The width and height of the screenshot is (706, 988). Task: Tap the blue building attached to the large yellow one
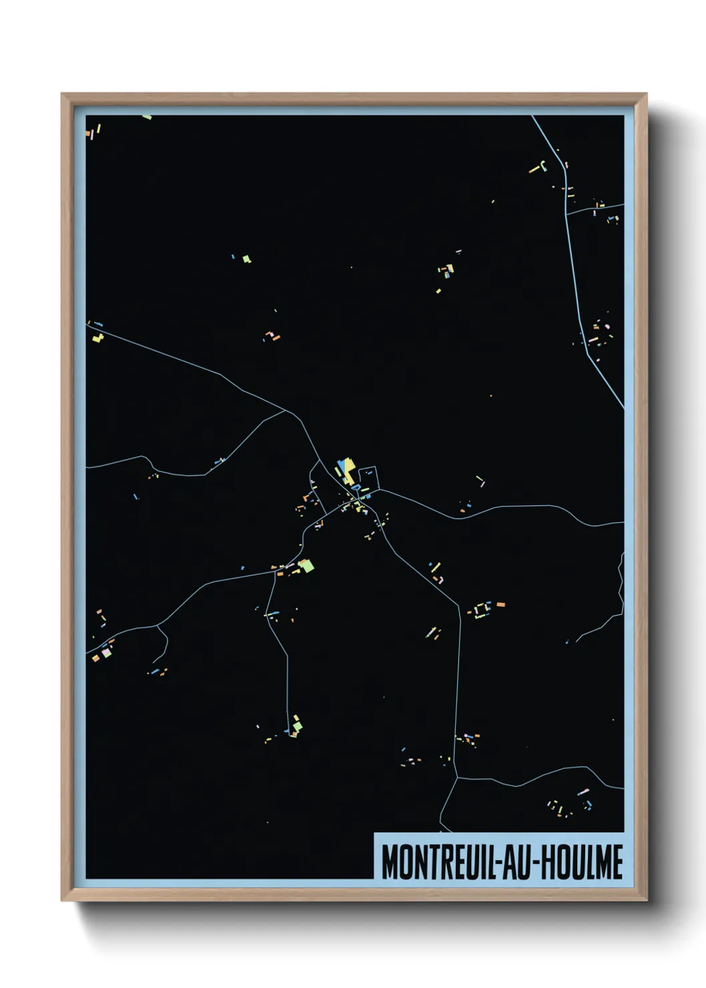point(342,466)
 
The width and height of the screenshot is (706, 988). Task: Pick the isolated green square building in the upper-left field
point(246,258)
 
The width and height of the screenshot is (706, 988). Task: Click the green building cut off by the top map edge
point(147,117)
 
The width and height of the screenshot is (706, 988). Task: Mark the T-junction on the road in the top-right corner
point(566,214)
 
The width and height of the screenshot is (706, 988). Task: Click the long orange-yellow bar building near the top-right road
point(536,170)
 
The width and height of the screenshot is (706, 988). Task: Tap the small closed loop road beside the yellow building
point(369,478)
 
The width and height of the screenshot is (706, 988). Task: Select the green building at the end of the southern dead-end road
point(296,723)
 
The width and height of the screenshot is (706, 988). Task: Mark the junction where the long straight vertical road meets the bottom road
point(457,777)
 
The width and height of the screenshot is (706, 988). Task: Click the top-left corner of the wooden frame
point(62,94)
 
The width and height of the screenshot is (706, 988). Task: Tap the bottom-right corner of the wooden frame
point(646,900)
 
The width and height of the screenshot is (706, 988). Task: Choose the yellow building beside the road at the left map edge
point(99,337)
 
